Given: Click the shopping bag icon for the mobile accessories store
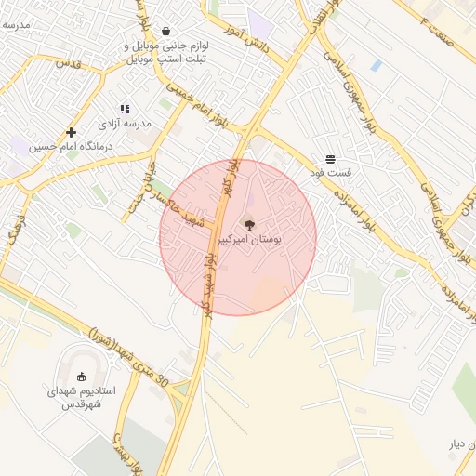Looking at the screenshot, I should [165, 31].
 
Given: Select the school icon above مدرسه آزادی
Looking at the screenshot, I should [126, 110].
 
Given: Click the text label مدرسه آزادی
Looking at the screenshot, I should [125, 124].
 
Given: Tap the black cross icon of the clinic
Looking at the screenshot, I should [71, 132].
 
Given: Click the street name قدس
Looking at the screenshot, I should [69, 64].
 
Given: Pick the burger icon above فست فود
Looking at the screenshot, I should [331, 159].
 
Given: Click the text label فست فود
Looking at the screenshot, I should [332, 173].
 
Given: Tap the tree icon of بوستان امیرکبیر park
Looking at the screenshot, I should [248, 224].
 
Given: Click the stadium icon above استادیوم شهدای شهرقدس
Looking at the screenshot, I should [81, 377].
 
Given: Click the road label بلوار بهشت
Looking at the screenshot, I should [128, 452].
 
